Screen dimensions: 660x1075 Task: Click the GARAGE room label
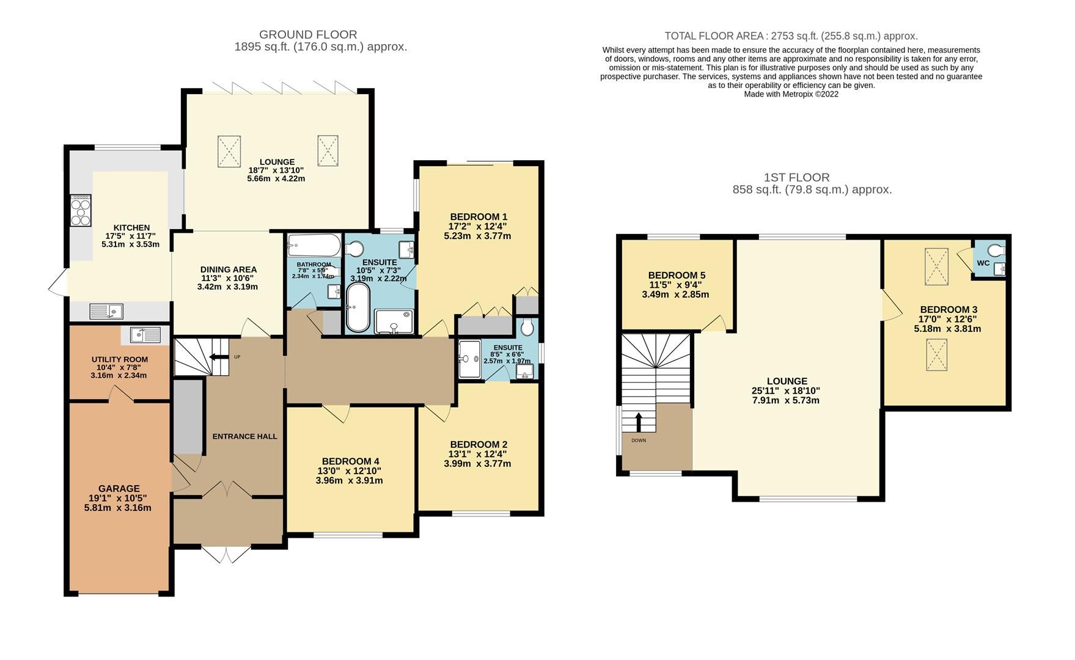pos(119,488)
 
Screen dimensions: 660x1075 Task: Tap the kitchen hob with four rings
pos(81,210)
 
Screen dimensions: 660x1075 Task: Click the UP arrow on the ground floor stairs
pos(217,357)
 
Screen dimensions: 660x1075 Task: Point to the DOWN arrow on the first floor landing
pos(639,422)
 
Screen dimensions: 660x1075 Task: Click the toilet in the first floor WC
pos(996,250)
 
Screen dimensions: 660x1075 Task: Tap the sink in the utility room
pos(145,335)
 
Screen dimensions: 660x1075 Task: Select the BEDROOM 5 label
pos(677,276)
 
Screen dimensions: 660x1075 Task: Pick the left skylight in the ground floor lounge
pos(229,150)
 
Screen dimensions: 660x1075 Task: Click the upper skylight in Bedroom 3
pos(936,266)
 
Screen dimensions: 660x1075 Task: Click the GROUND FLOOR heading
pos(308,35)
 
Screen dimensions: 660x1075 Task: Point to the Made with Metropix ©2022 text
pos(791,94)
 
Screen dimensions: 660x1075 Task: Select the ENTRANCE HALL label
pos(244,436)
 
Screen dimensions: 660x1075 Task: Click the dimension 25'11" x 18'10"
pos(785,391)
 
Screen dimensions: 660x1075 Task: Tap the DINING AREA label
pos(229,269)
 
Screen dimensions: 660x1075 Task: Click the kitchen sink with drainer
pos(106,311)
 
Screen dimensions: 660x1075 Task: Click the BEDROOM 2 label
pos(479,444)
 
